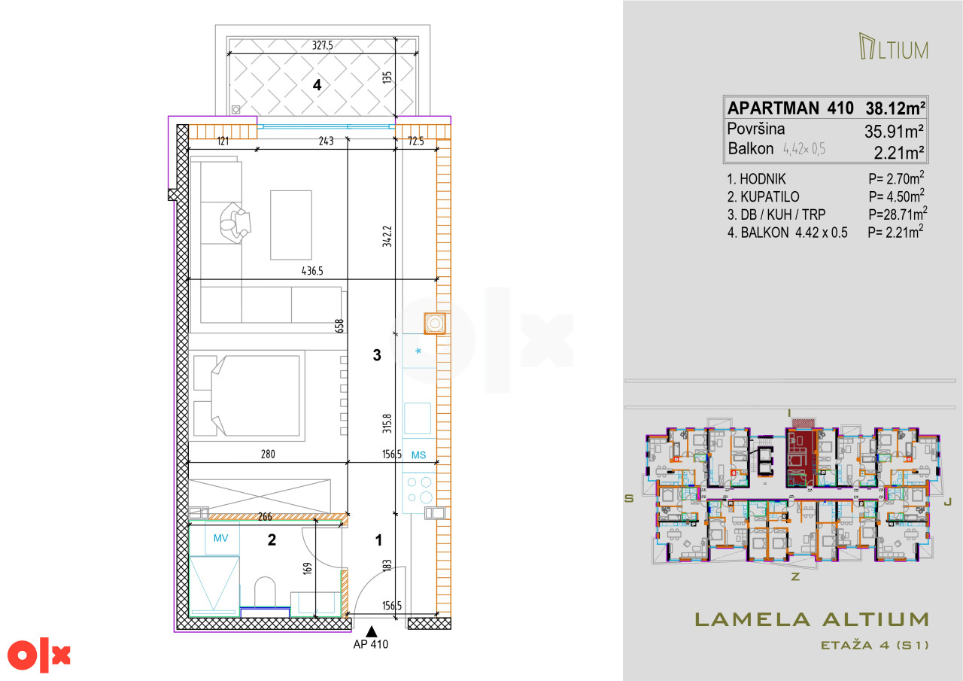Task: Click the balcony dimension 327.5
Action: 323,45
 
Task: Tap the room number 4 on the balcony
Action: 317,85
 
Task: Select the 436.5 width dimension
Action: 312,271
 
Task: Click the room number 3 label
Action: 377,355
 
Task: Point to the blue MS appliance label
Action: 418,455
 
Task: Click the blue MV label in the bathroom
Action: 220,538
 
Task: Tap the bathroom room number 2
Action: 272,540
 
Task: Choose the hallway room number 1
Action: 378,540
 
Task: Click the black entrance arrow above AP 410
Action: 372,631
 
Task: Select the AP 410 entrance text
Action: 371,644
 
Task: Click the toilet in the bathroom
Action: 265,592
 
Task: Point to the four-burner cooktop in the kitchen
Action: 419,490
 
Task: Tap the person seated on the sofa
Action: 235,223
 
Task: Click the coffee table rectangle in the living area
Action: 291,225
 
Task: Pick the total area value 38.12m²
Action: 895,108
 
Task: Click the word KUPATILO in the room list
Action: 770,197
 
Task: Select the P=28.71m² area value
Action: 898,214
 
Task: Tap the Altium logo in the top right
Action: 893,46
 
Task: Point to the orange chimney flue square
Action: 435,323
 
